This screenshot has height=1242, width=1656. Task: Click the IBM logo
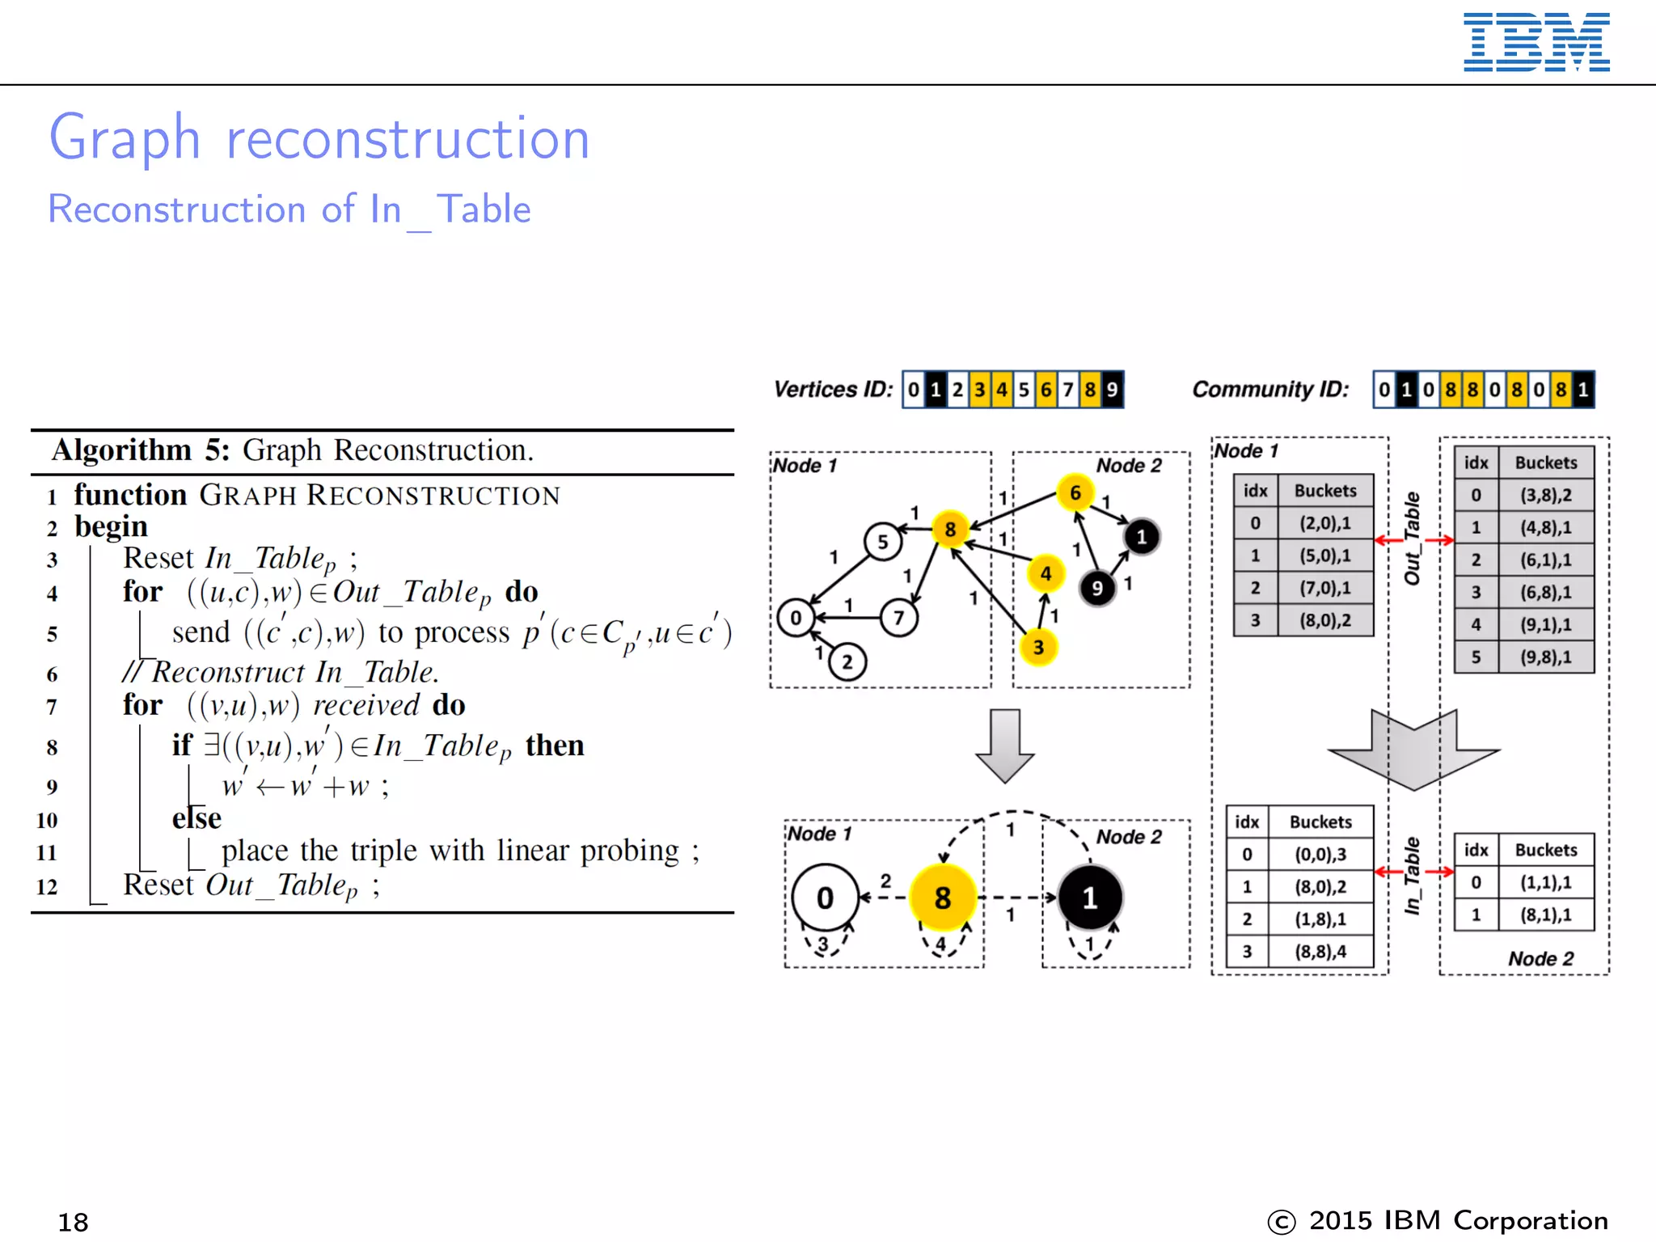click(1536, 42)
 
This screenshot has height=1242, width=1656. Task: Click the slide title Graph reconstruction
click(319, 137)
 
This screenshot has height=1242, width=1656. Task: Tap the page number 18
click(73, 1222)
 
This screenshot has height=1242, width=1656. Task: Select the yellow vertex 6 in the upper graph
click(1075, 492)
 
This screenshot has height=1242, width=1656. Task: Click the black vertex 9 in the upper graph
click(1097, 588)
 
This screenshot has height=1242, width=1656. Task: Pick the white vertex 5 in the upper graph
click(883, 542)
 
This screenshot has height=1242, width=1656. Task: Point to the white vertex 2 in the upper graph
click(847, 662)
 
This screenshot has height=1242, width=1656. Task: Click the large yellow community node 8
click(943, 898)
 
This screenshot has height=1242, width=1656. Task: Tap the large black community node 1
click(1090, 898)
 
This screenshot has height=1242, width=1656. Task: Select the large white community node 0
click(825, 898)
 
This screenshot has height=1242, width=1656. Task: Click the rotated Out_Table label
click(1413, 539)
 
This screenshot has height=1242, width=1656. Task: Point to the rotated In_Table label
click(1413, 876)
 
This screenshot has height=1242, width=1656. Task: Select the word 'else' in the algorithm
click(196, 818)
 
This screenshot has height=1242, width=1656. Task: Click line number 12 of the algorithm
click(47, 887)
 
